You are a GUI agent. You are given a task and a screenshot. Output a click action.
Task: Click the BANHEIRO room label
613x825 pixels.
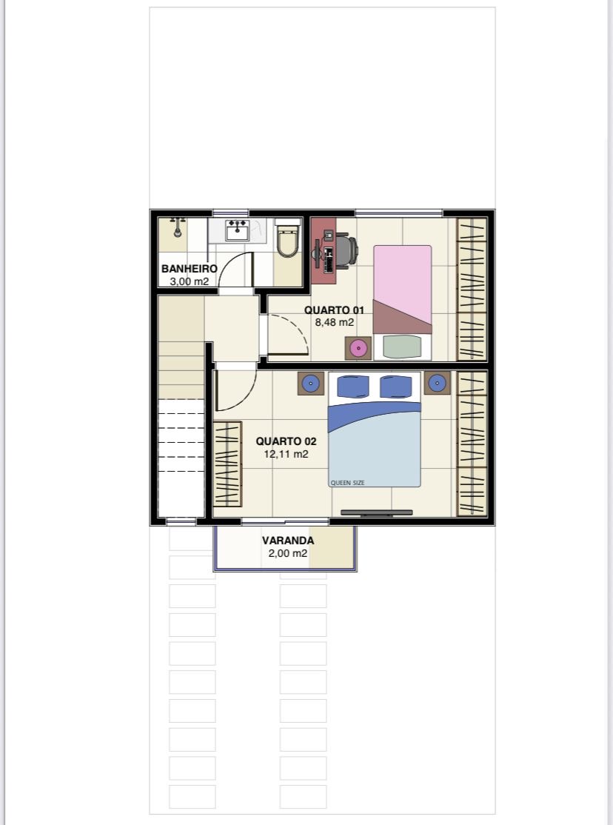coord(189,269)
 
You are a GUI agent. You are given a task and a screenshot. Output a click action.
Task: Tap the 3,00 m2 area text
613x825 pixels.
coord(189,281)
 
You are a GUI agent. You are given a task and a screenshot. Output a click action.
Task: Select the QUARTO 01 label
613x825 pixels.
coord(334,310)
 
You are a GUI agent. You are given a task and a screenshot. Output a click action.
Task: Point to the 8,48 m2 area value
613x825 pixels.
coord(334,323)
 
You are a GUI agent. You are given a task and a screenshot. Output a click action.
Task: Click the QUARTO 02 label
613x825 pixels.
coord(287,441)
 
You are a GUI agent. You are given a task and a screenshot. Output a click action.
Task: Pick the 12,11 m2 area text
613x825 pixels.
coord(287,454)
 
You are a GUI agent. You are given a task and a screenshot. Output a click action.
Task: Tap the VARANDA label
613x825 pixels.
coord(288,541)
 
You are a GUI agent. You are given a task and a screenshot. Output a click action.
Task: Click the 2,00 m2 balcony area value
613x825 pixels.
coord(288,553)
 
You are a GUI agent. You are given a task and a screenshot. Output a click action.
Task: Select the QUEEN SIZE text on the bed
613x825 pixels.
coord(347,483)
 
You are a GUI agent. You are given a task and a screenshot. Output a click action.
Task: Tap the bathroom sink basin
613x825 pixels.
coord(238,230)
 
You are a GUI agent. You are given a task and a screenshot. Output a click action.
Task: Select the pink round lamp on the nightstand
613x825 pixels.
coord(358,348)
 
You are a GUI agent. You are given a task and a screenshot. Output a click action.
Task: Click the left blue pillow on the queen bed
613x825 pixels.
coord(351,387)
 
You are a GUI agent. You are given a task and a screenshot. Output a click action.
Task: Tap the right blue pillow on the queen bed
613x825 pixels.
coord(395,387)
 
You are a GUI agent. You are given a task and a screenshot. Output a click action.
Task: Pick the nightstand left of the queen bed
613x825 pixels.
coord(311,384)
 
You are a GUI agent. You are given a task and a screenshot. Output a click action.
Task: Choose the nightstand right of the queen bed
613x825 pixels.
coord(438,383)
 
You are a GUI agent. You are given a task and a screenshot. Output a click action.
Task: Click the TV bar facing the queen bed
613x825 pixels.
coord(377,512)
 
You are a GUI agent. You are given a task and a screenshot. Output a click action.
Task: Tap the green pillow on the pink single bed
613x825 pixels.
coord(402,347)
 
